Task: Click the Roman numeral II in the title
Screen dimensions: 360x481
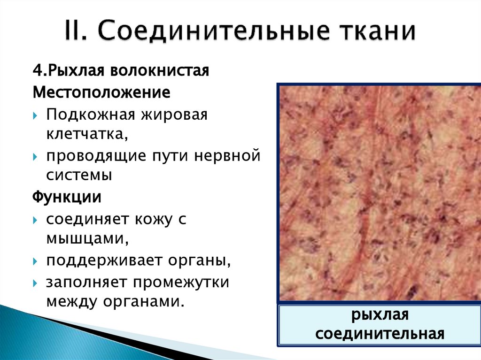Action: [79, 32]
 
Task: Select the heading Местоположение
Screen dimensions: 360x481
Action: [101, 92]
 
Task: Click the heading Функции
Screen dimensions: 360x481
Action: [67, 196]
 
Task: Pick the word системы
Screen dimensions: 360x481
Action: [79, 175]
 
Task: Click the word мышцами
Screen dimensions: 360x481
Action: [87, 238]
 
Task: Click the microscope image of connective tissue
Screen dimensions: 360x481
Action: [379, 192]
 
